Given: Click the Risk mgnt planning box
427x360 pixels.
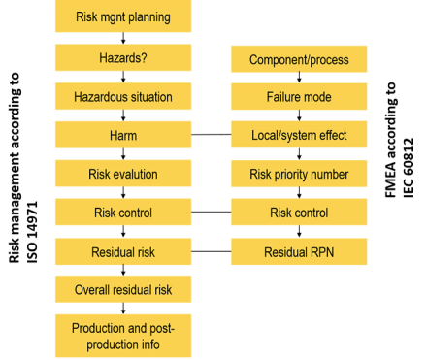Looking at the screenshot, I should (x=122, y=16).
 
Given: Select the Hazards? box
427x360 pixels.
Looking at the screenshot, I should (x=122, y=57).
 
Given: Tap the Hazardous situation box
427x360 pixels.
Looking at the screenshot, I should (x=122, y=96).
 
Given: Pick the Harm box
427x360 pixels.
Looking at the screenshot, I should (x=122, y=135).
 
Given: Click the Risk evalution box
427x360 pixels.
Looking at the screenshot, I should (x=122, y=174).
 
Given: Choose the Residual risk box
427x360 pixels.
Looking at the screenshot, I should (x=122, y=252).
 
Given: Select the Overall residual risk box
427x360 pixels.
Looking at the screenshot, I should (x=122, y=290).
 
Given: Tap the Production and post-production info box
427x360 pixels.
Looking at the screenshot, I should (x=122, y=335).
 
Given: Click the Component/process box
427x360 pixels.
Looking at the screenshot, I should (x=298, y=60).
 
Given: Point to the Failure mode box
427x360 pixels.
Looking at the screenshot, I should (x=298, y=97).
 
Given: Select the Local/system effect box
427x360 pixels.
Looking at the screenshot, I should (x=298, y=136).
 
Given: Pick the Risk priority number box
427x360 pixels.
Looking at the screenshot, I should (x=298, y=175).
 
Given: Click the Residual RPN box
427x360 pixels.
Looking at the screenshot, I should (x=298, y=252).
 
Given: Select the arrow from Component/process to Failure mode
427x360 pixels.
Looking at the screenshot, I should (x=298, y=79).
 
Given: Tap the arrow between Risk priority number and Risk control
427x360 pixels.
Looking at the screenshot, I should (x=298, y=194).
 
